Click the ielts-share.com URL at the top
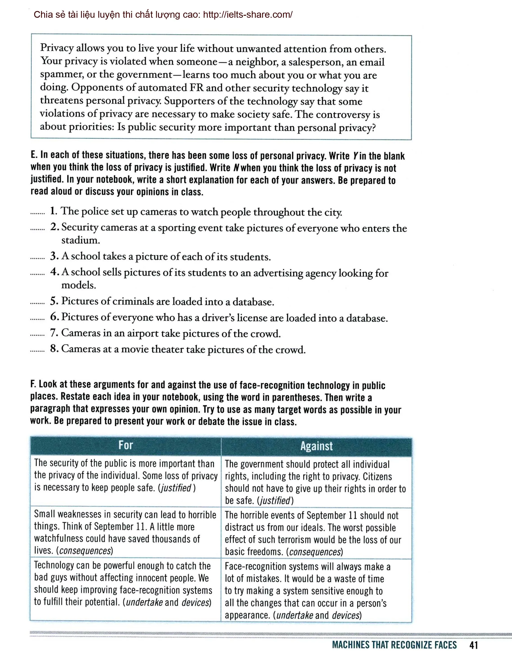(247, 14)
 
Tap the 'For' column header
(125, 445)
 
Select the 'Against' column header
(316, 446)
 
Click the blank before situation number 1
(38, 213)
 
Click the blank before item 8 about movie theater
(38, 351)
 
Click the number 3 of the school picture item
(54, 256)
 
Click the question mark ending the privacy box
(373, 128)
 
